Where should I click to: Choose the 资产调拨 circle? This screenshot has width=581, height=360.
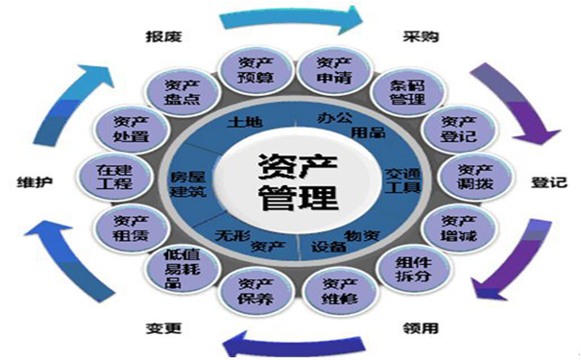(475, 179)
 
